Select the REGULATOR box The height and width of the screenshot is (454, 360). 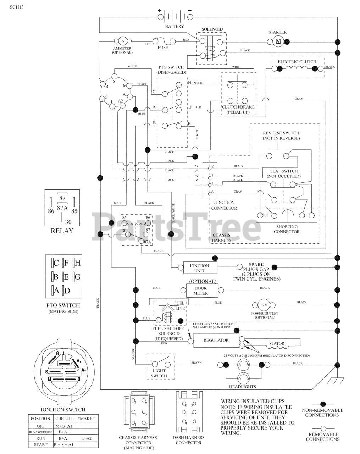216,340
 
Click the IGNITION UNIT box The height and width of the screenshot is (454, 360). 199,268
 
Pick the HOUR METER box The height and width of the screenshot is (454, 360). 201,291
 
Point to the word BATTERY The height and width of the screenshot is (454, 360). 175,27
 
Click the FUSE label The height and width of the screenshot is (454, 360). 163,48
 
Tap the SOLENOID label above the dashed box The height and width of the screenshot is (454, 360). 212,29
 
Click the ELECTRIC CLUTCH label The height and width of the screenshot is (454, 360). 297,62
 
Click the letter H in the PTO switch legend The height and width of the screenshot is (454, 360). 77,263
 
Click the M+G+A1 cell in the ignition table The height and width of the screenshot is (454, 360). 64,426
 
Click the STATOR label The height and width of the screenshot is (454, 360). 277,343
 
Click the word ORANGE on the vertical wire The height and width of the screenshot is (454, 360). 134,354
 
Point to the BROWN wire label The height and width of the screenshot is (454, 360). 196,363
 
